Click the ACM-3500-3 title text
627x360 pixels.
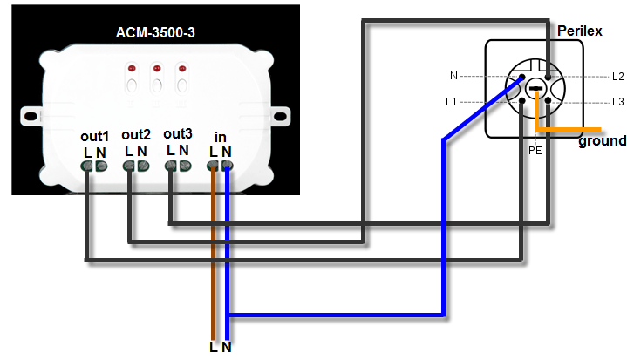click(x=154, y=33)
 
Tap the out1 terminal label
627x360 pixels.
click(x=94, y=137)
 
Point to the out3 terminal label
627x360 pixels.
click(x=178, y=133)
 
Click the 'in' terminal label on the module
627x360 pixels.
click(x=221, y=137)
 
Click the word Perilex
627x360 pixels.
click(x=580, y=31)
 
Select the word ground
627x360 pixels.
click(x=602, y=141)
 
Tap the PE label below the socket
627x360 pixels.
click(x=535, y=150)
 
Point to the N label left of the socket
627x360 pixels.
click(x=453, y=77)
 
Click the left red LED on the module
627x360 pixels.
click(x=133, y=68)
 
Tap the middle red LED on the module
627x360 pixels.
click(x=157, y=68)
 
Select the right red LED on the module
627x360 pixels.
click(x=181, y=68)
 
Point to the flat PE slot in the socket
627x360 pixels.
click(x=535, y=89)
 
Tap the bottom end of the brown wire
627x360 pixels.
click(x=214, y=335)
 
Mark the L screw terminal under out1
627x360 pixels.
click(x=88, y=166)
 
